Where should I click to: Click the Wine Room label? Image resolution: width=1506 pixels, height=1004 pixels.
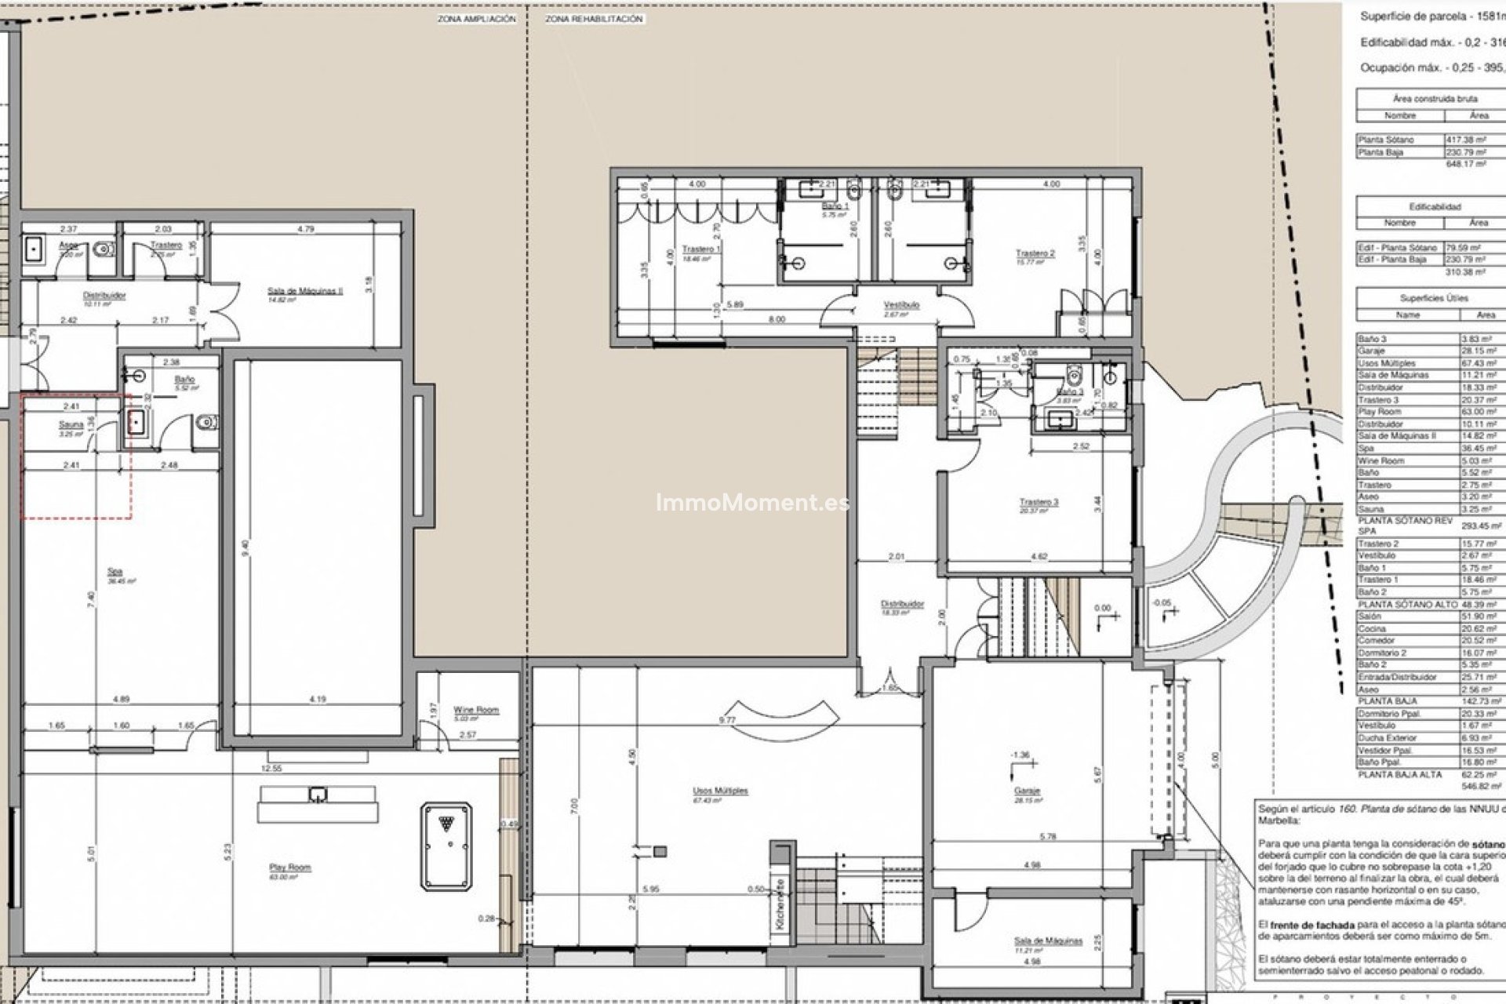(475, 709)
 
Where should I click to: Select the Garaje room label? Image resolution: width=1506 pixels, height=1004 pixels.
(1027, 791)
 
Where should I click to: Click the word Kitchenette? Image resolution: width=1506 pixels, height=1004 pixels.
(780, 904)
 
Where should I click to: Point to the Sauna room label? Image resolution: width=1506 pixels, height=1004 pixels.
(71, 424)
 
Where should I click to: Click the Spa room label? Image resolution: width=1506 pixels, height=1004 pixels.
(115, 572)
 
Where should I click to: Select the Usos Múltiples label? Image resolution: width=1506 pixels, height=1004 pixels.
(720, 791)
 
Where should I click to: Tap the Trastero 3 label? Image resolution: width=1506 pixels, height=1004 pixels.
(1039, 502)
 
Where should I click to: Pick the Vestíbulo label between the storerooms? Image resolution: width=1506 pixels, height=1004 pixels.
(901, 305)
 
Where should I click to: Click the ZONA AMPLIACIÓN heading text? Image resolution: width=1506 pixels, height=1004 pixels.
(476, 19)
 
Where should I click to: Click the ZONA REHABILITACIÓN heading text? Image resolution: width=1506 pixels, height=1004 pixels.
(594, 19)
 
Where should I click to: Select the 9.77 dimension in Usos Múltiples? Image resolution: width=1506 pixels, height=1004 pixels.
(728, 719)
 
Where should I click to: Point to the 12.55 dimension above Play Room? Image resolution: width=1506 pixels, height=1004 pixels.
(271, 769)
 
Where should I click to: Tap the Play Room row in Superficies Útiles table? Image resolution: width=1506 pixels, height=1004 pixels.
(1380, 412)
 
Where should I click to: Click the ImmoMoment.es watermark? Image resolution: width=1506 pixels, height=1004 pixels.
(752, 502)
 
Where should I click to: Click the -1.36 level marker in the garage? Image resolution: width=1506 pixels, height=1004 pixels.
(1020, 755)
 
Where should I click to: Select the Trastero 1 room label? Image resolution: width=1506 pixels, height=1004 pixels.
(701, 249)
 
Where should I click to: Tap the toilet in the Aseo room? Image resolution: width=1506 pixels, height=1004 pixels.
(103, 250)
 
